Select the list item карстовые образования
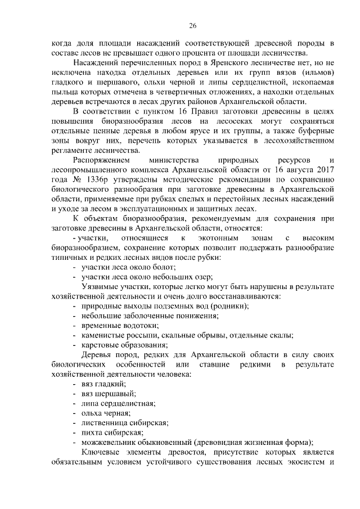point(124,344)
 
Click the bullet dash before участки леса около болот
point(75,266)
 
